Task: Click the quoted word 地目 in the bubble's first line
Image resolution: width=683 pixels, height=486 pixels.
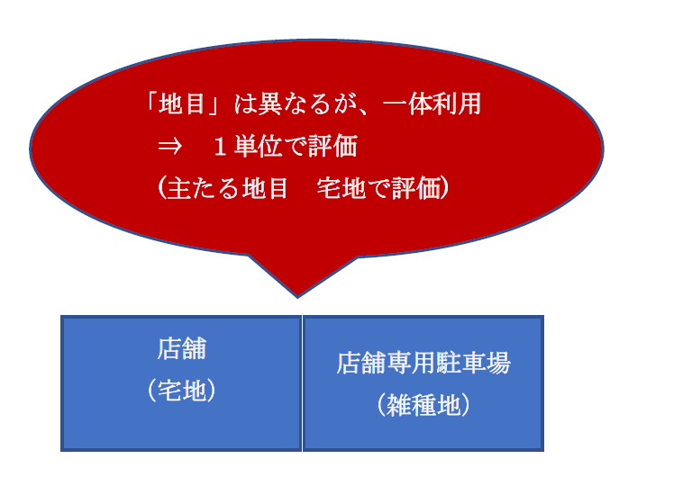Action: point(182,104)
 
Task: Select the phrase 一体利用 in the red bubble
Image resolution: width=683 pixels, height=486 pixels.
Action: point(432,104)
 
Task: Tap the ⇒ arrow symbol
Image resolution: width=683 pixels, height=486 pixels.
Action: point(169,147)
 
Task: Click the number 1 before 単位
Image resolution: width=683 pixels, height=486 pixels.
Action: point(220,147)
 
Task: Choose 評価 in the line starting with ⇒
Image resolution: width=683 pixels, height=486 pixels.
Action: point(332,146)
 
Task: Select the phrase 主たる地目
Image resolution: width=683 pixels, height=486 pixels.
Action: point(227,188)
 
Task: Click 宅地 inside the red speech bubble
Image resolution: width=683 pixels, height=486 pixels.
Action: point(341,188)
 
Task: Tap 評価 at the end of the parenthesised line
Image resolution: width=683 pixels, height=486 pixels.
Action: point(416,188)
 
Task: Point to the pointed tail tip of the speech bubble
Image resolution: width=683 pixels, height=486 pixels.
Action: point(297,298)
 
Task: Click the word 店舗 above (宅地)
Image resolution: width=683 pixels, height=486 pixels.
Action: point(181,348)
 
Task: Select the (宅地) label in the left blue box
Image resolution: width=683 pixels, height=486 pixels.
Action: point(181,390)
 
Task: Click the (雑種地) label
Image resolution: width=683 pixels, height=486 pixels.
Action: point(423,405)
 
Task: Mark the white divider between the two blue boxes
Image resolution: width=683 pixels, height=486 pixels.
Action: point(302,383)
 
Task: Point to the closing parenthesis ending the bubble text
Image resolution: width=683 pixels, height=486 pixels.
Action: point(445,188)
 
